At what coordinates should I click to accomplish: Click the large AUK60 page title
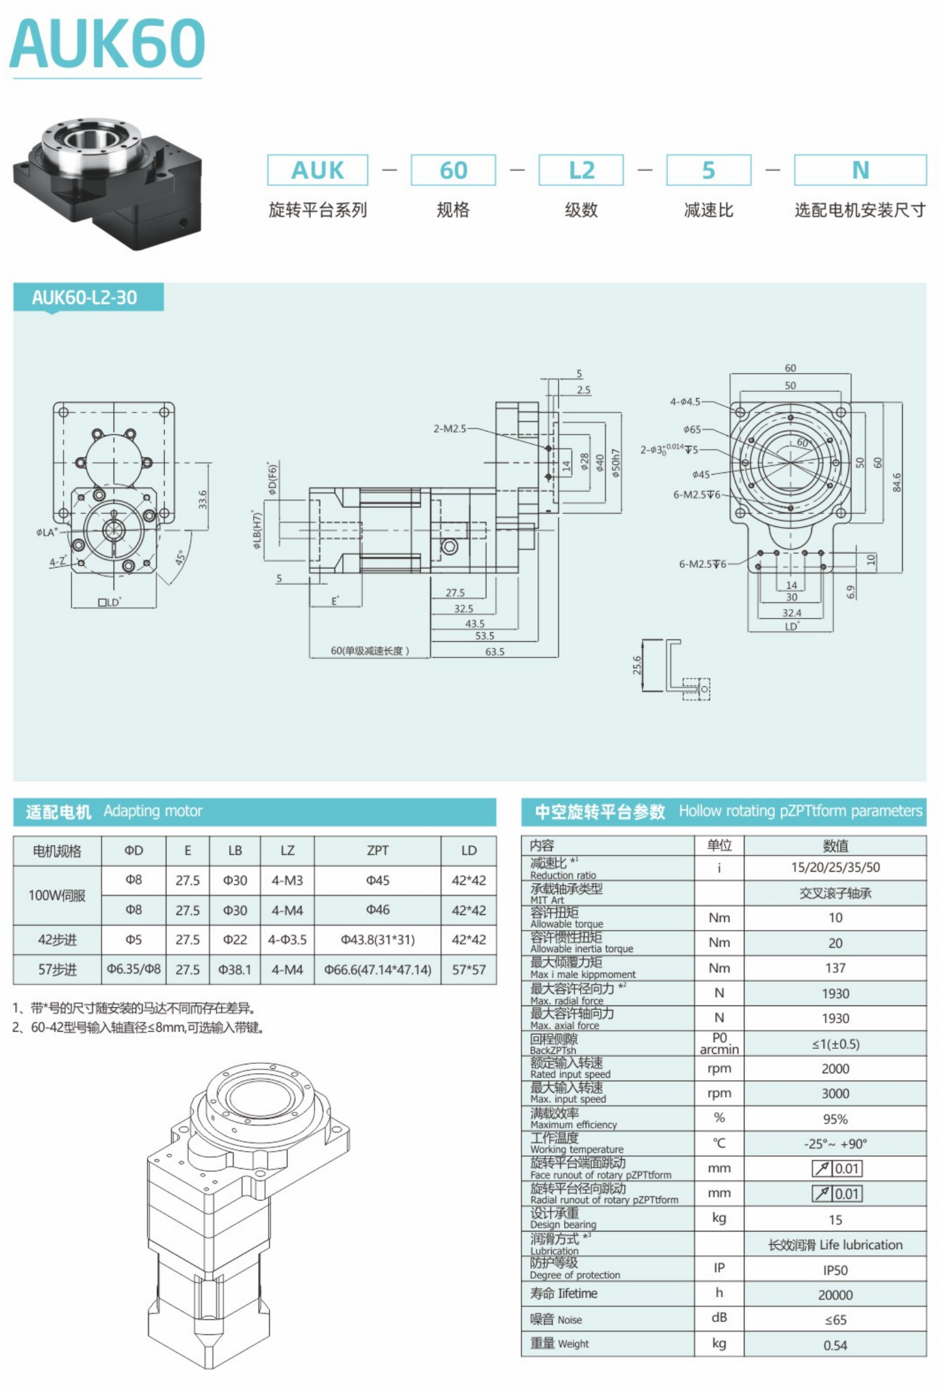pos(107,43)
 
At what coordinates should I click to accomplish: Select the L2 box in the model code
pos(581,170)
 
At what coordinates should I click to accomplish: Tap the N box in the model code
pos(860,170)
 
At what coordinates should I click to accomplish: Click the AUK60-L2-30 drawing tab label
pos(85,297)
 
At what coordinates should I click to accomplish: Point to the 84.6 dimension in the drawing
pos(897,482)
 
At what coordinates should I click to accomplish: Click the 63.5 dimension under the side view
pos(495,651)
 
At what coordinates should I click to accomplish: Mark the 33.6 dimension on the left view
pos(202,500)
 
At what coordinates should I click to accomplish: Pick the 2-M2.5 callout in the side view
pos(450,428)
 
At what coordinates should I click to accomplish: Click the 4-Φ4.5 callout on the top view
pos(685,401)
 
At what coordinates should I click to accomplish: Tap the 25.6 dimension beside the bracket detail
pos(637,666)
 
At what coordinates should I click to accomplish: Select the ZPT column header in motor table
pos(378,850)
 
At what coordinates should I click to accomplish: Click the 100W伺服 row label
pos(57,895)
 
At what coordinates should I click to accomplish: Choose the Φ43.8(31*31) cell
pos(378,939)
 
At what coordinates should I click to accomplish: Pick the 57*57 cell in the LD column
pos(469,970)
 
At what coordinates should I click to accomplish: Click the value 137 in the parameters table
pos(835,968)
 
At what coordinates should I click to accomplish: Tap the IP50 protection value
pos(835,1270)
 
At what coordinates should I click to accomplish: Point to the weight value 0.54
pos(835,1345)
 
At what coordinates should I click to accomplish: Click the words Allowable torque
pos(566,924)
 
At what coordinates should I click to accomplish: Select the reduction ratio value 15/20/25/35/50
pos(835,867)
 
